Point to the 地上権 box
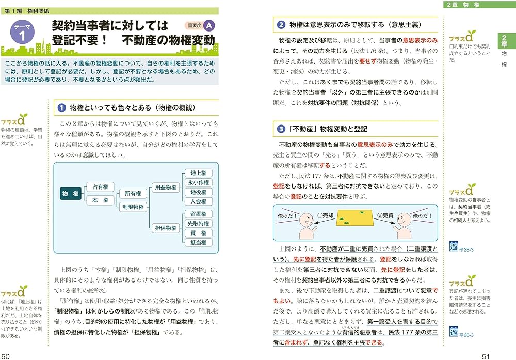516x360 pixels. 198,173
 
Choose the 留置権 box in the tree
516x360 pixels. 198,214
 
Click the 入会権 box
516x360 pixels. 198,201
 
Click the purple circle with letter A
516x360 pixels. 208,25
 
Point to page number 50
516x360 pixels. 6,355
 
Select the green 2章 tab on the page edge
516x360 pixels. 504,42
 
